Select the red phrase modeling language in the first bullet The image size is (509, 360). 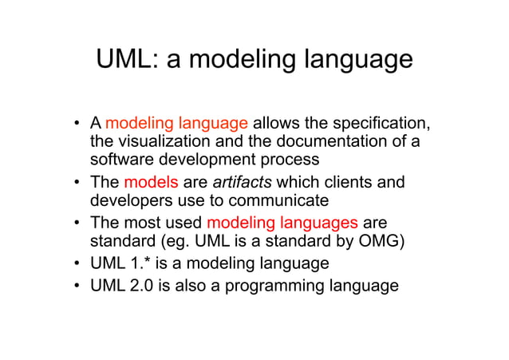pos(177,124)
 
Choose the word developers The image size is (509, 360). pos(130,201)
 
